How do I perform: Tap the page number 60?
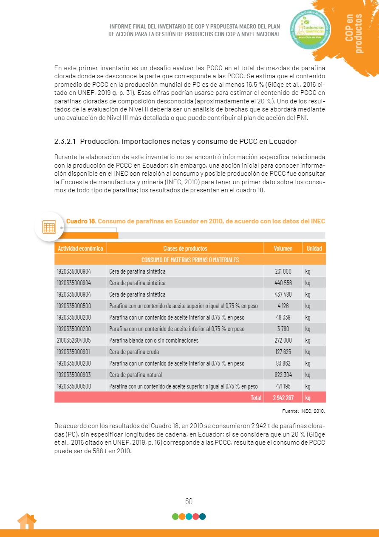pyautogui.click(x=189, y=501)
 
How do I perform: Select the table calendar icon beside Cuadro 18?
pyautogui.click(x=49, y=227)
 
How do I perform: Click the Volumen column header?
pyautogui.click(x=283, y=249)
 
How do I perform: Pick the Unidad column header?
pyautogui.click(x=314, y=249)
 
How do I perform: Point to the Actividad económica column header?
pyautogui.click(x=80, y=249)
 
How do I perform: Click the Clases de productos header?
pyautogui.click(x=185, y=249)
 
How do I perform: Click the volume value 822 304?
pyautogui.click(x=283, y=375)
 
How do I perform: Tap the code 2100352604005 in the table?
pyautogui.click(x=74, y=340)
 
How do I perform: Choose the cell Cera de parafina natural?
pyautogui.click(x=136, y=375)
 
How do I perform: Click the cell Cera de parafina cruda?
pyautogui.click(x=133, y=352)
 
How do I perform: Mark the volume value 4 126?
pyautogui.click(x=283, y=306)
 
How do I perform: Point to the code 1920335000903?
pyautogui.click(x=74, y=375)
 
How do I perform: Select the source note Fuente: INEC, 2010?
pyautogui.click(x=303, y=411)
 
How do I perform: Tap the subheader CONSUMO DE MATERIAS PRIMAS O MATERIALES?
pyautogui.click(x=190, y=260)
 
